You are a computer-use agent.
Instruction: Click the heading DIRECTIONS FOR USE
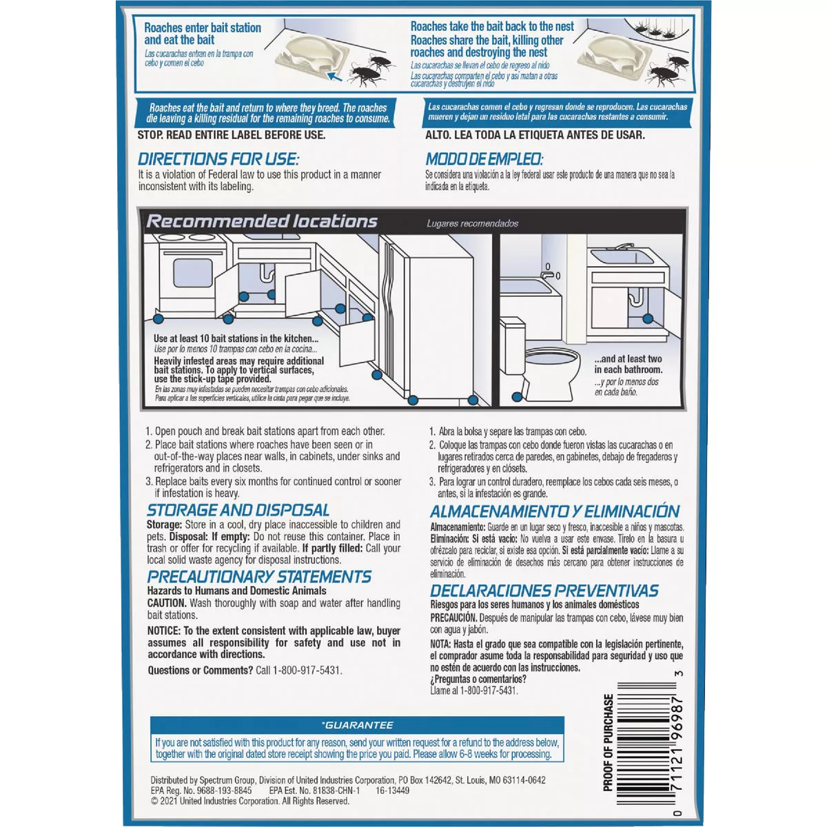[x=218, y=159]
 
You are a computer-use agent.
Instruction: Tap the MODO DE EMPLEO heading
[x=484, y=159]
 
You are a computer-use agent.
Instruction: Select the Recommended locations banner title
[x=262, y=221]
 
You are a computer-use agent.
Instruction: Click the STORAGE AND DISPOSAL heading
[x=238, y=511]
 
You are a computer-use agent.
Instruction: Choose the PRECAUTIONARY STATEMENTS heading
[x=259, y=577]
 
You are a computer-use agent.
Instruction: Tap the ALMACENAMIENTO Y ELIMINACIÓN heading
[x=555, y=511]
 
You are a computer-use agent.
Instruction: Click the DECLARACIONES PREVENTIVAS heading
[x=544, y=591]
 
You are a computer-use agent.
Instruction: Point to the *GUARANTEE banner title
[x=358, y=725]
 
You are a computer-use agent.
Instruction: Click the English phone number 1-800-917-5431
[x=307, y=670]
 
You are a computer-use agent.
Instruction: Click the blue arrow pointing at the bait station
[x=334, y=75]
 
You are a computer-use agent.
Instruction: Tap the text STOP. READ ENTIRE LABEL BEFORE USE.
[x=232, y=135]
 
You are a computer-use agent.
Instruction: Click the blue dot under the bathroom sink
[x=647, y=319]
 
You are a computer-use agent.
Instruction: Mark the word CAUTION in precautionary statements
[x=167, y=603]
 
